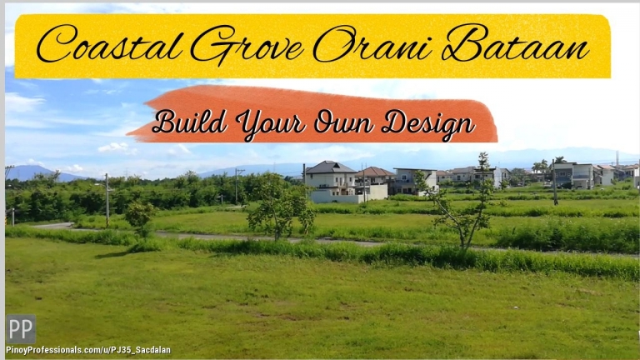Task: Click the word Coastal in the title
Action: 109,43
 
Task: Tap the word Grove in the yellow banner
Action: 247,45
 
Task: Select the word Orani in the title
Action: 372,42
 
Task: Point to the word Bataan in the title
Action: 515,42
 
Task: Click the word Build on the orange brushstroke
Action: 189,121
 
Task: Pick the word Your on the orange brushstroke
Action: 271,124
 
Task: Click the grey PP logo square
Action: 21,329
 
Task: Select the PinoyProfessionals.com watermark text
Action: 88,350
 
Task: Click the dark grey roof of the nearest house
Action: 330,167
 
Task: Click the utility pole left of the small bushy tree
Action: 107,200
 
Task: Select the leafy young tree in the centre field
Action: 280,206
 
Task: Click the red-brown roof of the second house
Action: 374,172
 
